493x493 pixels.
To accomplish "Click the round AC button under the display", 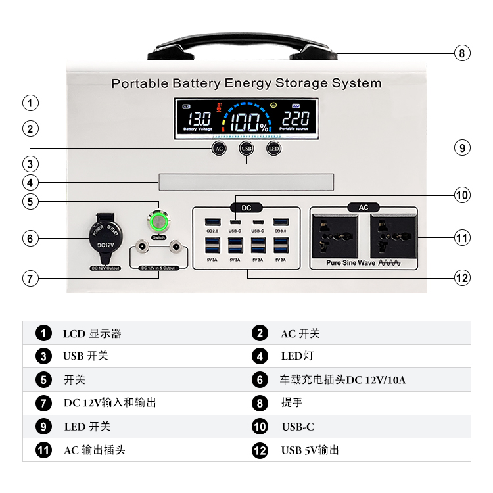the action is (219, 148).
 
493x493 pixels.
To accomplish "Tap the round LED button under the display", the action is (273, 148).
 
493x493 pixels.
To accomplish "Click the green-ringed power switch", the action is (158, 222).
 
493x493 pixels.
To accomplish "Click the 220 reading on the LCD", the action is (295, 119).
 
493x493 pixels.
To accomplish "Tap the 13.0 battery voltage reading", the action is (197, 119).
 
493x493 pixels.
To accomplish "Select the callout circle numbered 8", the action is (463, 53).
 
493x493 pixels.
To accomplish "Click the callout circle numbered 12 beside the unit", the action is (463, 278).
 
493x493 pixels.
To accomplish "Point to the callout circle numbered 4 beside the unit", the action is (30, 182).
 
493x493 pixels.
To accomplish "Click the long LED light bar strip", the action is (246, 182).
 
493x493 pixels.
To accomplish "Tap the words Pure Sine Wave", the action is (352, 262).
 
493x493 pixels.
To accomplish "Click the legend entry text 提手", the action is (292, 403).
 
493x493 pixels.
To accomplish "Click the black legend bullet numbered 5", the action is (44, 380).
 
